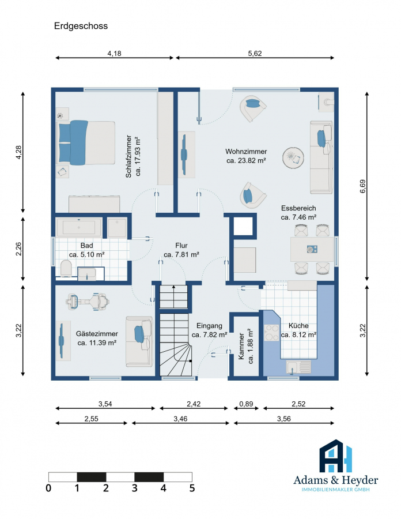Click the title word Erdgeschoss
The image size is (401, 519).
point(81,26)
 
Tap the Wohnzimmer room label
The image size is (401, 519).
point(246,151)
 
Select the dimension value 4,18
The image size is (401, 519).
point(115,53)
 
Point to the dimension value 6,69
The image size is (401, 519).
point(362,186)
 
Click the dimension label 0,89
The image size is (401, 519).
point(246,404)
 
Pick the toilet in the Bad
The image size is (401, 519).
point(66,268)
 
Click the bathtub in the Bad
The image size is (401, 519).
point(79,227)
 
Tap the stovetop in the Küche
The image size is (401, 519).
point(272,333)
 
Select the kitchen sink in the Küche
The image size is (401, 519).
point(298,367)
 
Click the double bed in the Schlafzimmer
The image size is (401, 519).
point(86,142)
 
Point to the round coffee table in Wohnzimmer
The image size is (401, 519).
point(293,157)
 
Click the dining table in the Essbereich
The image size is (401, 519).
point(312,249)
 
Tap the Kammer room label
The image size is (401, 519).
point(241,347)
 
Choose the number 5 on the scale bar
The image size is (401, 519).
point(192,488)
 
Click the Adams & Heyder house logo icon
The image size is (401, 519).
point(335,456)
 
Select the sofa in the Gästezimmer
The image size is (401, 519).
point(139,341)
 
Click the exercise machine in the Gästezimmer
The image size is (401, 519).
point(88,302)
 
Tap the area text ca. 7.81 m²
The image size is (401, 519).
point(181,254)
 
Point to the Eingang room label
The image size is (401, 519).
point(209,326)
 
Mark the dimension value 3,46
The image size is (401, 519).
point(180,419)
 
